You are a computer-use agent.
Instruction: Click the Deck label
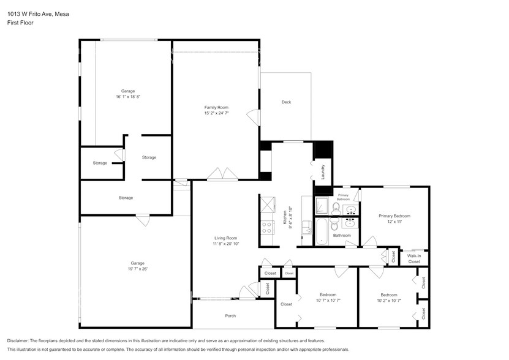pyautogui.click(x=286, y=102)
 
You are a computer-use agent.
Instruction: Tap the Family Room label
pyautogui.click(x=216, y=107)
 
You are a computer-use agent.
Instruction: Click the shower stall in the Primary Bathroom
pyautogui.click(x=322, y=206)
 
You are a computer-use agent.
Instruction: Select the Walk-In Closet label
pyautogui.click(x=414, y=258)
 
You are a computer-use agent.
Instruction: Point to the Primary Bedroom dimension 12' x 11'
pyautogui.click(x=394, y=222)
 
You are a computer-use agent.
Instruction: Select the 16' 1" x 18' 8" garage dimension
pyautogui.click(x=128, y=97)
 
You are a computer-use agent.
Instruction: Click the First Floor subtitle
pyautogui.click(x=20, y=23)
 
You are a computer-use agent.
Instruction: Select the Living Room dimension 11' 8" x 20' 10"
pyautogui.click(x=226, y=244)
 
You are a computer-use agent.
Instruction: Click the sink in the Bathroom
pyautogui.click(x=350, y=224)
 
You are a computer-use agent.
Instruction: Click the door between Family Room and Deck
pyautogui.click(x=252, y=116)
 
